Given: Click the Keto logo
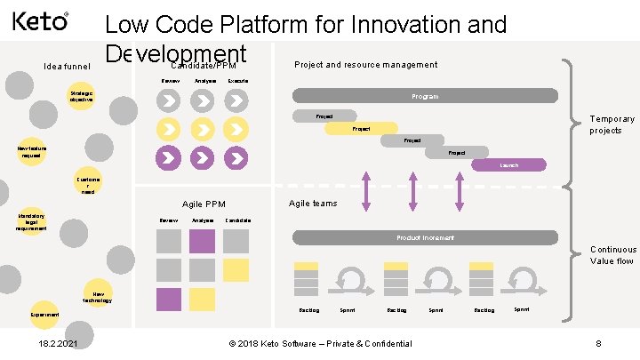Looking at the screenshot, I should tap(40, 20).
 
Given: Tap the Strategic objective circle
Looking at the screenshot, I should tap(83, 96).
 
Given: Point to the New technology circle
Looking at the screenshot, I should tap(98, 296).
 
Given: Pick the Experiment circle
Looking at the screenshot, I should tap(44, 315).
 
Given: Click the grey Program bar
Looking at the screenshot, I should tap(425, 96).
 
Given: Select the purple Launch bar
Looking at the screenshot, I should tap(508, 165).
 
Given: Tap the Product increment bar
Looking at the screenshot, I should tap(425, 238).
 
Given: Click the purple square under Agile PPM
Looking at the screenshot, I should tap(203, 241).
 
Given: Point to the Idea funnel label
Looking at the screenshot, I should tap(68, 66).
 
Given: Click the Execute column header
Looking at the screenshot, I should tap(237, 81).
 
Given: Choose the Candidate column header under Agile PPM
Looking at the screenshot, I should tap(237, 220).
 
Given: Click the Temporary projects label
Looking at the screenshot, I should tap(612, 124).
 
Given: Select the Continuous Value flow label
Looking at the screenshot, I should tap(612, 256).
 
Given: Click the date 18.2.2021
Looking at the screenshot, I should tap(58, 344).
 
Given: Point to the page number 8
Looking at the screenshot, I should tap(598, 344).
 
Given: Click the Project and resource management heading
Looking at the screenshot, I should tap(365, 64).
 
